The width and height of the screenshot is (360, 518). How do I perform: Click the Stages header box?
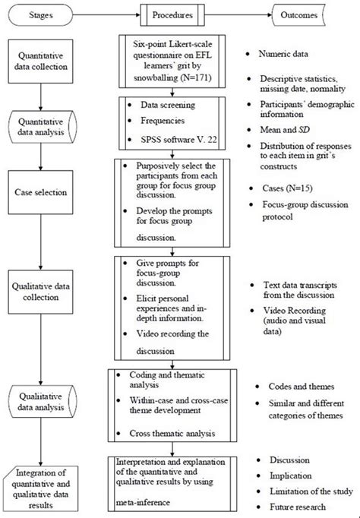tap(43, 13)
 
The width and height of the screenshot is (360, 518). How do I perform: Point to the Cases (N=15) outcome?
tap(286, 186)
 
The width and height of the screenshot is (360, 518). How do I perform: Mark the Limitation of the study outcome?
tap(308, 491)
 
